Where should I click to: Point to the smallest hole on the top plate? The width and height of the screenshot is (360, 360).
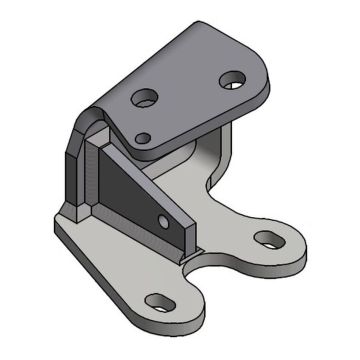pyautogui.click(x=146, y=136)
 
